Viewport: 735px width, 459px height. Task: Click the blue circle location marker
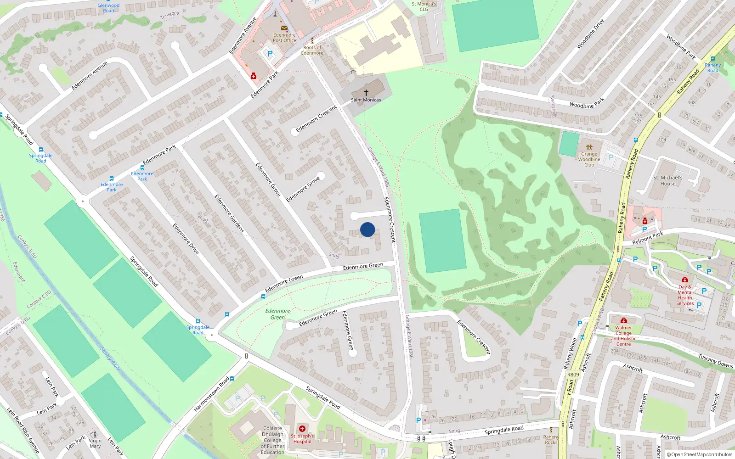pyautogui.click(x=367, y=229)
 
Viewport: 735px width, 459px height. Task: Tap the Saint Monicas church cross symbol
pyautogui.click(x=366, y=93)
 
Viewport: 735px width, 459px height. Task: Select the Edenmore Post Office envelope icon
pyautogui.click(x=284, y=28)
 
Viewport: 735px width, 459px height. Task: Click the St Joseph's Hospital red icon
pyautogui.click(x=302, y=429)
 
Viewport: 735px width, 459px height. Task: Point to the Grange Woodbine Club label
pyautogui.click(x=589, y=159)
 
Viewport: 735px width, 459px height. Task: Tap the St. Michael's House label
pyautogui.click(x=667, y=180)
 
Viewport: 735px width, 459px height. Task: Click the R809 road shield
pyautogui.click(x=573, y=375)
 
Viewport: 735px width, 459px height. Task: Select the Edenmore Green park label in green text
pyautogui.click(x=277, y=314)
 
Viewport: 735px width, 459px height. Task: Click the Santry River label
pyautogui.click(x=110, y=359)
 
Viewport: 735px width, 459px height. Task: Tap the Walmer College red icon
pyautogui.click(x=623, y=320)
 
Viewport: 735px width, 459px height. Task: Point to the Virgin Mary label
pyautogui.click(x=95, y=443)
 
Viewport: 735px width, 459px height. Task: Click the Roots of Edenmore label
pyautogui.click(x=312, y=50)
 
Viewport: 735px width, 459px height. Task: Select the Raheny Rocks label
pyautogui.click(x=551, y=440)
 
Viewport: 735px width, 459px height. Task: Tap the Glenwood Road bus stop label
pyautogui.click(x=108, y=8)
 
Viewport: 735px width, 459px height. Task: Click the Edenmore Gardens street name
pyautogui.click(x=229, y=213)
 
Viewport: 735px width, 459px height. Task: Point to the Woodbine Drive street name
pyautogui.click(x=590, y=34)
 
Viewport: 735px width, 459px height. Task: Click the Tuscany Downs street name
pyautogui.click(x=715, y=361)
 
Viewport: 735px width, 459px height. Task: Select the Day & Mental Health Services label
pyautogui.click(x=684, y=295)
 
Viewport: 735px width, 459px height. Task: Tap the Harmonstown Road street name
pyautogui.click(x=211, y=394)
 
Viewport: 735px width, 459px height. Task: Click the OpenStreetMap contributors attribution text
pyautogui.click(x=699, y=454)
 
